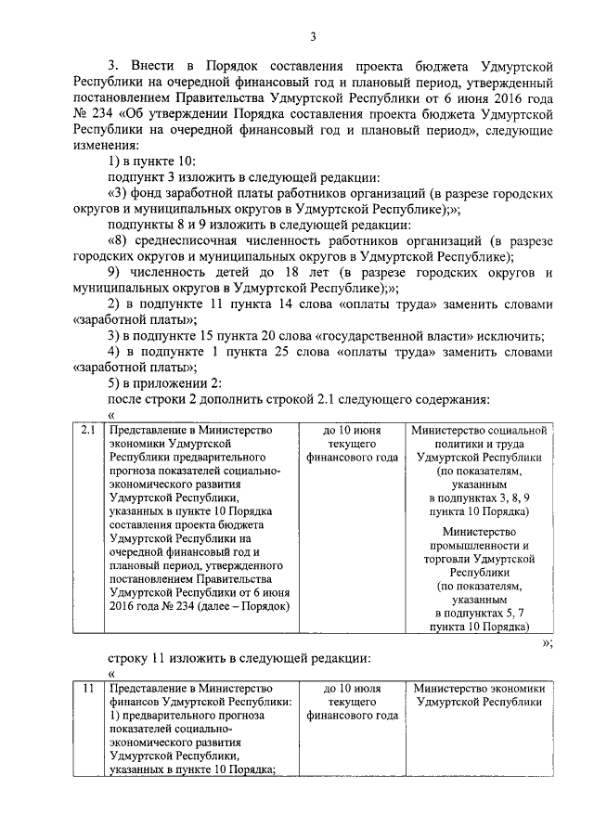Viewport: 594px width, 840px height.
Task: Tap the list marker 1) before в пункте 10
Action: (x=116, y=162)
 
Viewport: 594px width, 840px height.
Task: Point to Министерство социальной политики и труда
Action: (x=480, y=437)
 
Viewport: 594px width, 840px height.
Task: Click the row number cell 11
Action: (x=88, y=689)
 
